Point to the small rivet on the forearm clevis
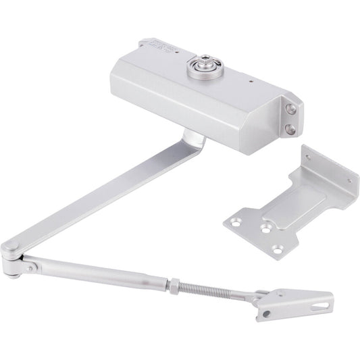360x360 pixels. (30, 267)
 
